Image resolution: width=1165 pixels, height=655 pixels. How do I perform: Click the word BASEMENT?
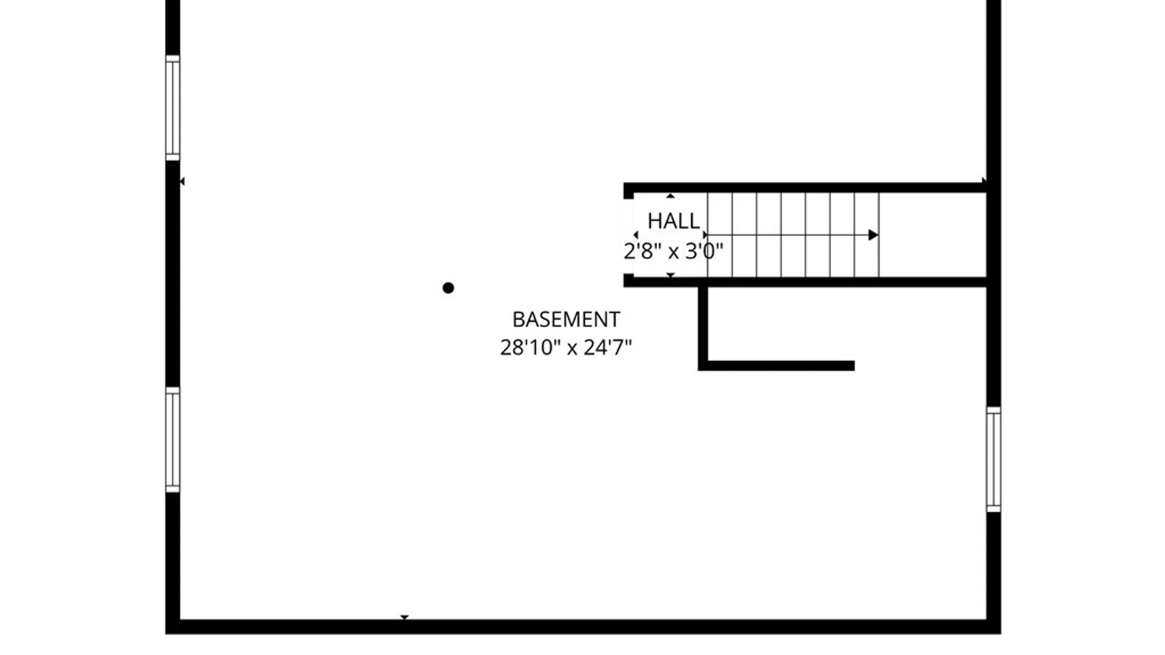click(566, 319)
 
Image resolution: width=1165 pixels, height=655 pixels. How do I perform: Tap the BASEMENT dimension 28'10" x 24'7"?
click(566, 348)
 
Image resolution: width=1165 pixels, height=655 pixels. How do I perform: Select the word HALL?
click(674, 221)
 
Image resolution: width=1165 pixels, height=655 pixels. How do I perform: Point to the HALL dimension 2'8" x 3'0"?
click(674, 250)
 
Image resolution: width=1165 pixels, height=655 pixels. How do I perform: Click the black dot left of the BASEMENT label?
click(448, 288)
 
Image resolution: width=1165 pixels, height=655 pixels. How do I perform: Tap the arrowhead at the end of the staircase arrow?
click(873, 235)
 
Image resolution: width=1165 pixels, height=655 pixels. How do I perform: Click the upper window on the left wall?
click(173, 108)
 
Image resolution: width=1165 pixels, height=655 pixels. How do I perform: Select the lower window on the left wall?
click(173, 440)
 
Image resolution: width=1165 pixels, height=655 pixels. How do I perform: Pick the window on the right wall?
click(993, 459)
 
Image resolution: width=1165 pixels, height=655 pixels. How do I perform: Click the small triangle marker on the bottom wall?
click(405, 618)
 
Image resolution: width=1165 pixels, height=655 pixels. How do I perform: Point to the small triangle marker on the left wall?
click(182, 181)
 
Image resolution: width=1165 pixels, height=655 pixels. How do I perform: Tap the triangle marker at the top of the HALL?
click(670, 196)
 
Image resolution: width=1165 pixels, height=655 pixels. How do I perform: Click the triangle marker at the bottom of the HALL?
click(670, 275)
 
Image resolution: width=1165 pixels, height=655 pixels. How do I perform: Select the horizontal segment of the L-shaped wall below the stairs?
click(777, 366)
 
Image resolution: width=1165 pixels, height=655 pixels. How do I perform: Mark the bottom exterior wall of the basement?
click(583, 627)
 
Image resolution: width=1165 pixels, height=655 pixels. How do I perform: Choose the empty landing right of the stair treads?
click(933, 235)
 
